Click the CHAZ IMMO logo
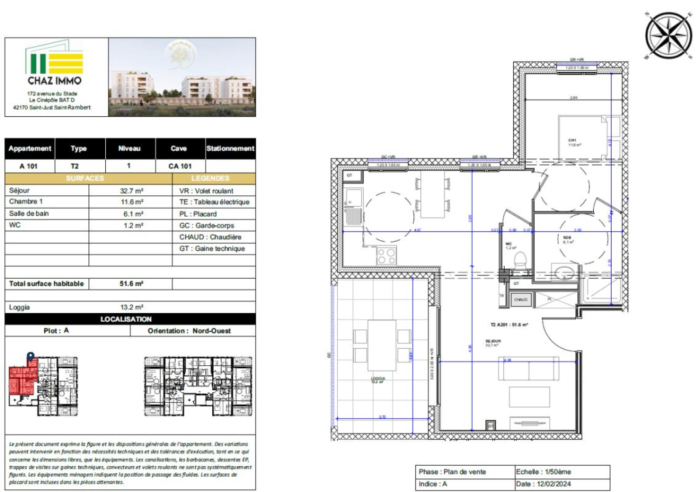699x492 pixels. (55, 63)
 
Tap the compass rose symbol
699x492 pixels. (668, 35)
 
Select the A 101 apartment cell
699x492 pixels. (29, 166)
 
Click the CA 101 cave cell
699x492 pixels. (180, 166)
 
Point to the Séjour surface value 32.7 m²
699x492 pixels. (131, 191)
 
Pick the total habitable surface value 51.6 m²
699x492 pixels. (131, 284)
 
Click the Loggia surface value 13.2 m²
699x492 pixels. (131, 307)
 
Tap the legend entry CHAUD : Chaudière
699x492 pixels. (210, 237)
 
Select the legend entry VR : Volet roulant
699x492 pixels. (206, 191)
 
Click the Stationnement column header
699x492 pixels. (230, 149)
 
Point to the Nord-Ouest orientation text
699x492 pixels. (211, 331)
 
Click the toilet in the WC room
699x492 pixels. (520, 261)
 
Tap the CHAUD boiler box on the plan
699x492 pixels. (521, 300)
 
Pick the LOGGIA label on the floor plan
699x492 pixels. (377, 379)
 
